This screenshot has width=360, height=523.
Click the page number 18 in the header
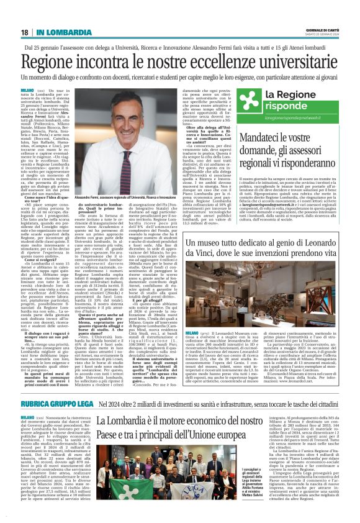click(x=24, y=32)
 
